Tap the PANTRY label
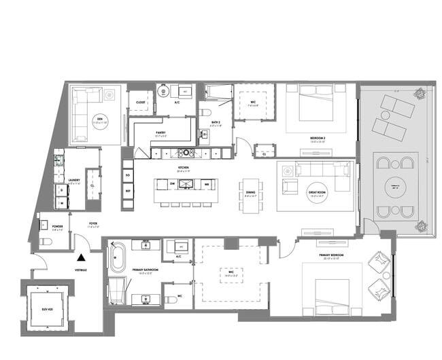click(x=161, y=134)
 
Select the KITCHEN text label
click(x=183, y=167)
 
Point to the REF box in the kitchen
click(x=127, y=191)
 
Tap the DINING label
click(x=250, y=193)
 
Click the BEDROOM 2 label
click(x=317, y=139)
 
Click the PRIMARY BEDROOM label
click(x=330, y=256)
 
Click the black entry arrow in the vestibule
click(x=82, y=257)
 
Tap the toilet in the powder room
click(x=44, y=225)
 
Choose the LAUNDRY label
click(x=74, y=181)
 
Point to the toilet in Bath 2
click(x=209, y=113)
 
